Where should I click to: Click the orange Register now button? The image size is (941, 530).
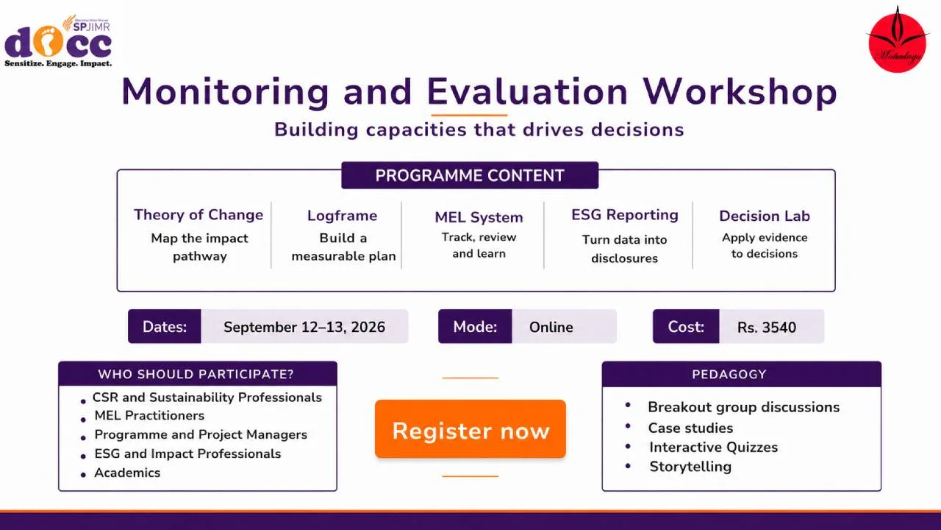click(470, 429)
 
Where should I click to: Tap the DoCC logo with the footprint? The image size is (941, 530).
click(58, 41)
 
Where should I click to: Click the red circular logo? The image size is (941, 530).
click(898, 40)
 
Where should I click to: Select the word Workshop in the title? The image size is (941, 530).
click(740, 93)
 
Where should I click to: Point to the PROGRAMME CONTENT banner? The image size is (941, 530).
click(470, 175)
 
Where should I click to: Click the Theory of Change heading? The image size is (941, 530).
click(198, 215)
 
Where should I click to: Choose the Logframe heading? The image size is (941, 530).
click(342, 216)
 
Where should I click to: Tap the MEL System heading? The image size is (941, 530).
click(479, 217)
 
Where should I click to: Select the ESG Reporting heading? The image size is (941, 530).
click(625, 215)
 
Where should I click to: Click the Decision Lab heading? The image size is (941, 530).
click(764, 216)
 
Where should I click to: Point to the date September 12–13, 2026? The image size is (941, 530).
click(304, 328)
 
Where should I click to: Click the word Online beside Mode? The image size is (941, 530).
click(551, 328)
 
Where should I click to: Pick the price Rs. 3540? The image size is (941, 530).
click(766, 328)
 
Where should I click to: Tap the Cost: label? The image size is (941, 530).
click(686, 327)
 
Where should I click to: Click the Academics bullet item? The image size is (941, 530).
click(127, 473)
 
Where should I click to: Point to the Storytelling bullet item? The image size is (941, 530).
click(690, 467)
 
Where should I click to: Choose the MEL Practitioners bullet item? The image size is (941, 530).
click(149, 416)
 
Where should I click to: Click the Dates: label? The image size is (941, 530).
click(164, 326)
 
